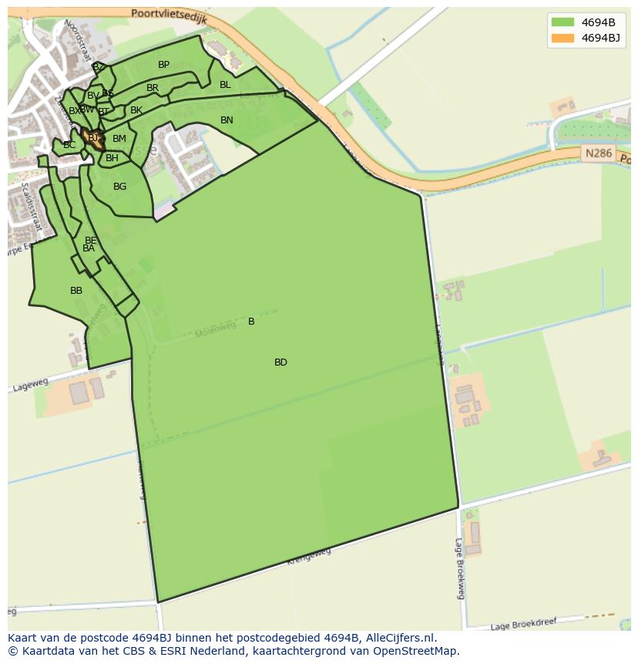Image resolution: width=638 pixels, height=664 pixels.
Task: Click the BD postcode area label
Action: [x=280, y=362]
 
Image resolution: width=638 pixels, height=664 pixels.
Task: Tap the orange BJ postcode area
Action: [x=94, y=138]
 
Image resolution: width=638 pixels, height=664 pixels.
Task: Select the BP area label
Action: [x=163, y=65]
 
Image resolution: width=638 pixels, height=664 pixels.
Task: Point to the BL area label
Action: [x=225, y=85]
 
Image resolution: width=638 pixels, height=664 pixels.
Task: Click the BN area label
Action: [x=227, y=120]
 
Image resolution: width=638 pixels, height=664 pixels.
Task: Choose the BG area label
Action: [x=119, y=187]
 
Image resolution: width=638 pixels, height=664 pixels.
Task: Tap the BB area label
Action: [x=76, y=291]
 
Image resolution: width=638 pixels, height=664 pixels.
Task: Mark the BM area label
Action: [x=119, y=139]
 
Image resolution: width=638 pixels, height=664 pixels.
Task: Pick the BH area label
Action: [x=112, y=158]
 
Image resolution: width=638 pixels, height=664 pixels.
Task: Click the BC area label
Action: [x=69, y=145]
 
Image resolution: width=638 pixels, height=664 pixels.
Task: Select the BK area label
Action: [x=136, y=110]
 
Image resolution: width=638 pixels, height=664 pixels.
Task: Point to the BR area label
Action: [x=153, y=88]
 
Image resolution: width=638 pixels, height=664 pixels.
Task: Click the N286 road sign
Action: [x=598, y=153]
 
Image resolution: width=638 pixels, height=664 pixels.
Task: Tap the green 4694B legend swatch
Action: [x=563, y=22]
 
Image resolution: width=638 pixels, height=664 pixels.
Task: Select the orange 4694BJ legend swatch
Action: [x=563, y=38]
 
